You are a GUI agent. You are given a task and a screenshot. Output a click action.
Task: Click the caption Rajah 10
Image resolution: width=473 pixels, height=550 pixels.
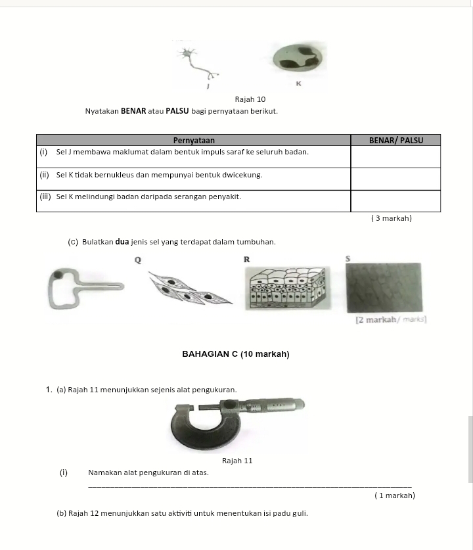coord(250,99)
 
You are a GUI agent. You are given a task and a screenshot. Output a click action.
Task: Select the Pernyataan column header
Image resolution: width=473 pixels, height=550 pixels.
coord(193,140)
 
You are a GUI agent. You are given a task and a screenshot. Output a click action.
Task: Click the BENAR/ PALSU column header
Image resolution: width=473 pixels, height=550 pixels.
coord(395,140)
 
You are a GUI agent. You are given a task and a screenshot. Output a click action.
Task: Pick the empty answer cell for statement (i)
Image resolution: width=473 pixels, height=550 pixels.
coord(395,156)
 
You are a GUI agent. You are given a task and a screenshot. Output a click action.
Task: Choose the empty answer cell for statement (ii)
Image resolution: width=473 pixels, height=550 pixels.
coord(395,179)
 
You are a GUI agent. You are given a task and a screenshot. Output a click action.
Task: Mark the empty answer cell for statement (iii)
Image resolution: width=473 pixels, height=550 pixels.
coord(395,200)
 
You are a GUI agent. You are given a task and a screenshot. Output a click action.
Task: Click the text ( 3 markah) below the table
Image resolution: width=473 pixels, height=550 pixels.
coord(392,218)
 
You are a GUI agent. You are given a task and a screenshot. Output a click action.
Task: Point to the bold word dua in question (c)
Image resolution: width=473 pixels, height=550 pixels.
coord(121,242)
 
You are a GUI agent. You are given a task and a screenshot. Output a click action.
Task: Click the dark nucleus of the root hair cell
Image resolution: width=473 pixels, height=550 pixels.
coord(59,275)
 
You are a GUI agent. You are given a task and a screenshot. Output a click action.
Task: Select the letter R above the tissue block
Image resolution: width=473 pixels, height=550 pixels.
coord(246,260)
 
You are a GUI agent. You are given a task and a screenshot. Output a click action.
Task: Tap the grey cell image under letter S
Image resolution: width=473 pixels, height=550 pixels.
coord(384,288)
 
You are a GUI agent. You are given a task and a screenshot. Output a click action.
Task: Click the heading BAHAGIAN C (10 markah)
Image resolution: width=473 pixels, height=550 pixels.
coord(235,355)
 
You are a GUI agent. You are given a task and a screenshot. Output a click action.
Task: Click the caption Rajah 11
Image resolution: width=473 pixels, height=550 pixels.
coord(238,461)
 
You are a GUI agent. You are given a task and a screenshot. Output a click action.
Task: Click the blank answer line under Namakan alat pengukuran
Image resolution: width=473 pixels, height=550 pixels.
coord(250,485)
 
